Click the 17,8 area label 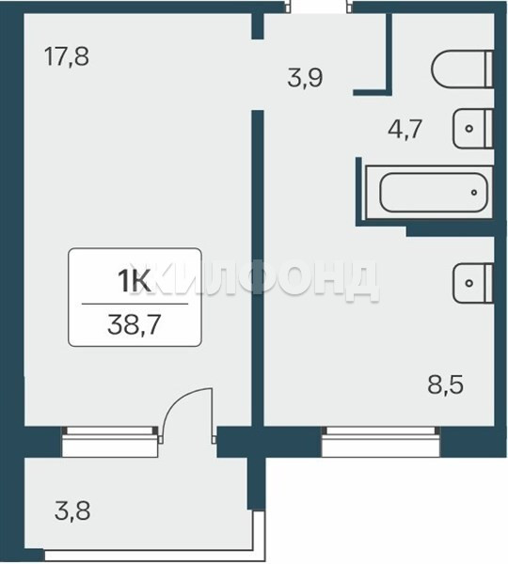coord(67,57)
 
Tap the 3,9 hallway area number coord(305,78)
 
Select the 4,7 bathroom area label coord(405,130)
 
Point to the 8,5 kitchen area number coord(445,385)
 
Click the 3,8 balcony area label coord(72,511)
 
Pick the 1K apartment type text coord(134,281)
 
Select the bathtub coord(429,192)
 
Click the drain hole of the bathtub coord(474,193)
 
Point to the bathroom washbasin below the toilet coord(472,129)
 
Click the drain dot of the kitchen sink coord(468,283)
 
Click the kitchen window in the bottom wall coord(381,442)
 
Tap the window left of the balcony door coord(110,442)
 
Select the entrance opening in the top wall coord(318,8)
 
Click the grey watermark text coord(254,281)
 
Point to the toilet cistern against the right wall coord(489,69)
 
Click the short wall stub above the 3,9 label coord(258,26)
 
